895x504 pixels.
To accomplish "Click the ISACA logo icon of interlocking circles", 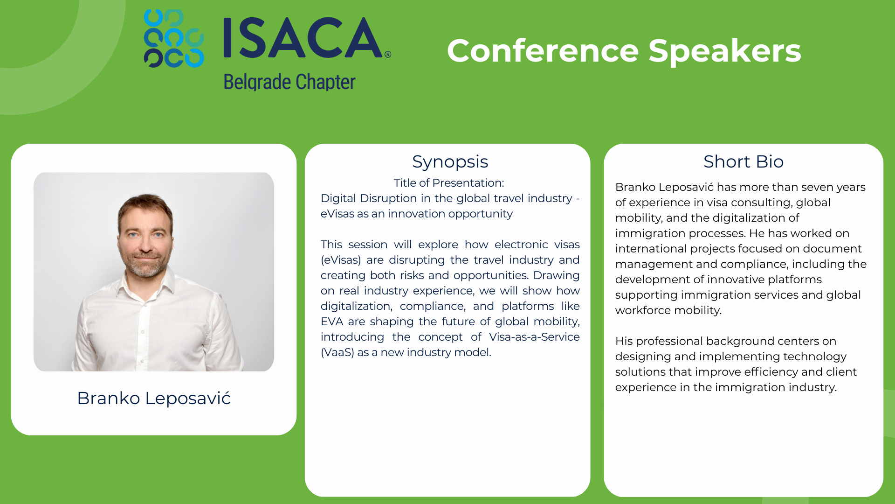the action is point(174,38).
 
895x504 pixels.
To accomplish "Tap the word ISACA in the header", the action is point(303,38).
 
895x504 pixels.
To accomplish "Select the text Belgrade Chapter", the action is point(289,82).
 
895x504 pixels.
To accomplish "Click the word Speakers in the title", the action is point(725,51).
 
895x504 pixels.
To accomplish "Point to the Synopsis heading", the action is point(450,162).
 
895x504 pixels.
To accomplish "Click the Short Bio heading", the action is point(744,161).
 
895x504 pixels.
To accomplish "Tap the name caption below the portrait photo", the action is point(154,398).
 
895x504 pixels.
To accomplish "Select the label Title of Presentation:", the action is point(449,183).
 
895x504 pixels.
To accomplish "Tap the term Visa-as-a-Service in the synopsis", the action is point(534,337).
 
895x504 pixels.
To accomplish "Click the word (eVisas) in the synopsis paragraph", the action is point(341,260).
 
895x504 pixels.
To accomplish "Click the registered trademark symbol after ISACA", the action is point(388,55).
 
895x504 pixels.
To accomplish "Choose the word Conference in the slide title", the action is point(543,51).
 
